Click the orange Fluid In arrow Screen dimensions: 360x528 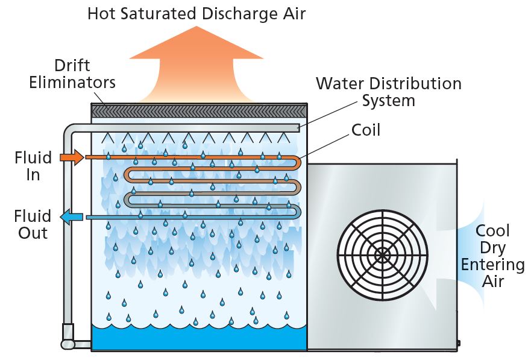coord(71,158)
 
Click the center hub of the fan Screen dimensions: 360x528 coord(382,254)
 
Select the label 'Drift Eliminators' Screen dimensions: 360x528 coord(72,73)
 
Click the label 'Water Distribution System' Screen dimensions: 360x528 coord(389,92)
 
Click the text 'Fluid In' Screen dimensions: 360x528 coord(33,167)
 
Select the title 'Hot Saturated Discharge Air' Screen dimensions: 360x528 coord(196,14)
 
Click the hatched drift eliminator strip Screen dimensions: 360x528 coord(198,111)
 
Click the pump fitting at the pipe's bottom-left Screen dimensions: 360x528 coord(68,336)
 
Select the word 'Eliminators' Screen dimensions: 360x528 coord(72,81)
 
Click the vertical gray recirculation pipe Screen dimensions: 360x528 coord(68,229)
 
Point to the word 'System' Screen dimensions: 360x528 coord(389,100)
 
